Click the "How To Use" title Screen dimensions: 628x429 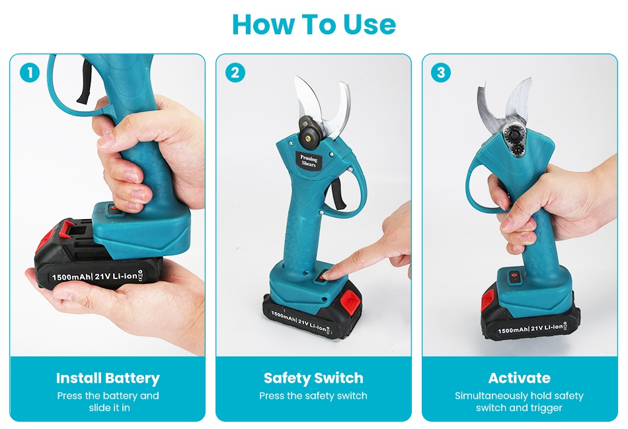pos(314,24)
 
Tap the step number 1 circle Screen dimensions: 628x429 pos(30,73)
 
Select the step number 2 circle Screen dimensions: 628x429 pos(235,73)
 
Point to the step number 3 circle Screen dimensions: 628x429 pos(441,73)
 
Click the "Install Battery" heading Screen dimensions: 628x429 pos(108,378)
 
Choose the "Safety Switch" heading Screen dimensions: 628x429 pos(313,378)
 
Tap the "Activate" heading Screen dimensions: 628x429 pos(520,378)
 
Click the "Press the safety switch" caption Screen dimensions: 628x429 pos(313,396)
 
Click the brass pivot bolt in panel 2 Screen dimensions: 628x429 pos(308,138)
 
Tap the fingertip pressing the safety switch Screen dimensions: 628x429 pos(327,275)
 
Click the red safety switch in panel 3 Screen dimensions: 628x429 pos(514,275)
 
